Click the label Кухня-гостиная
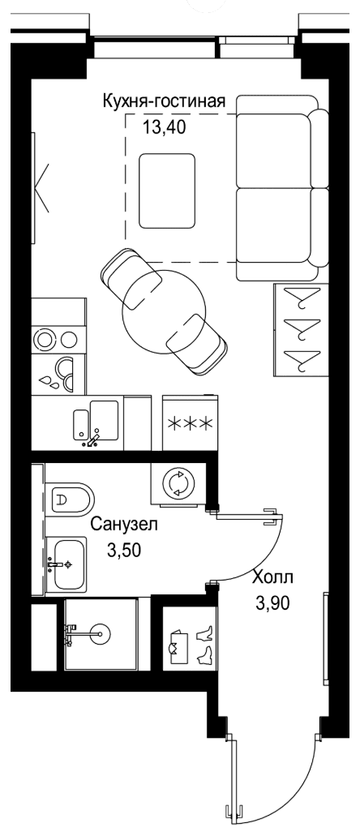164,101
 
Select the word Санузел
124,525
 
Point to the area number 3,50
124,550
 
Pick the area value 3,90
273,603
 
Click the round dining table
164,311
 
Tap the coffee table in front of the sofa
167,191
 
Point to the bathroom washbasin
66,564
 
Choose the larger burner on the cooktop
43,339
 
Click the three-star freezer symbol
191,424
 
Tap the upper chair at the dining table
131,277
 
